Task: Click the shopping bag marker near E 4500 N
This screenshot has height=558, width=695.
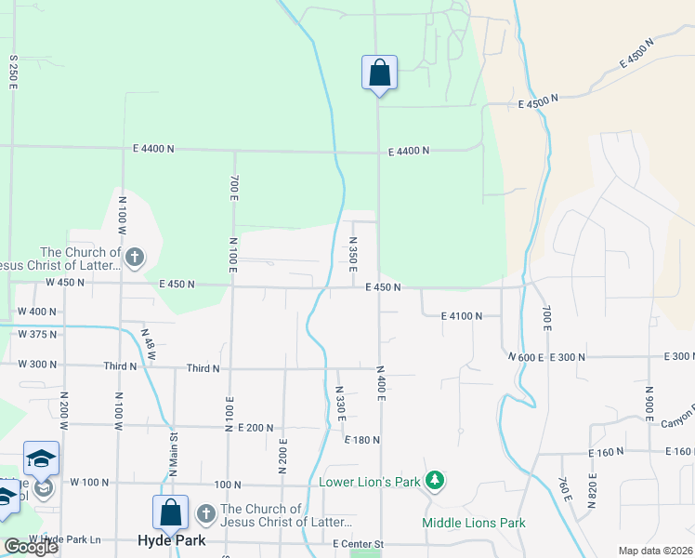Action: click(x=379, y=73)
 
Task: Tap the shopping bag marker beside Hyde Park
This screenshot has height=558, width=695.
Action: click(x=171, y=512)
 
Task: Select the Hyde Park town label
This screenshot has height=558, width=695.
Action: click(x=171, y=540)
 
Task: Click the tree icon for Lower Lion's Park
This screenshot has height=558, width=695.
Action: click(x=434, y=481)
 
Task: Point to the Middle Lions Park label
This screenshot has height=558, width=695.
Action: click(x=474, y=523)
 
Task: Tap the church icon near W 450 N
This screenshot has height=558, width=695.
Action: click(x=135, y=257)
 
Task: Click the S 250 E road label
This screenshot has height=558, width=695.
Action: click(x=14, y=71)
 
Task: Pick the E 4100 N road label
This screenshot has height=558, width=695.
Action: click(x=462, y=316)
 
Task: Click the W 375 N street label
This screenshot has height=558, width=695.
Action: click(x=37, y=335)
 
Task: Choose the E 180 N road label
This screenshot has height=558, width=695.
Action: click(x=362, y=440)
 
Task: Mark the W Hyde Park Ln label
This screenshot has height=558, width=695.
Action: click(x=64, y=539)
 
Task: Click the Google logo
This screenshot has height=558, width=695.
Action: click(x=31, y=547)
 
